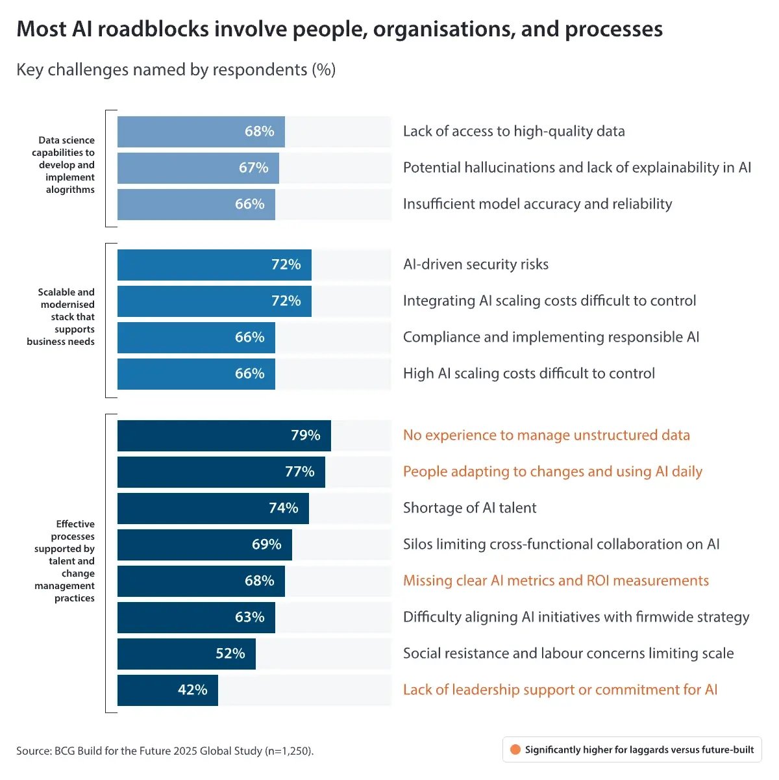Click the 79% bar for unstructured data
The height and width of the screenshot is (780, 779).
(224, 436)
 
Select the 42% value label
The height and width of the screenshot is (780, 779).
(193, 690)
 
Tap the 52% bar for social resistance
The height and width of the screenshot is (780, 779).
(186, 653)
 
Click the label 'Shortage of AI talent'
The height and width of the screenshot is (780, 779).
(469, 508)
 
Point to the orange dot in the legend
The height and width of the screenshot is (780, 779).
(515, 749)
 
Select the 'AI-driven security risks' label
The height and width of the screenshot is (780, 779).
(475, 264)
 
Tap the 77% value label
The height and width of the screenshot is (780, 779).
(299, 472)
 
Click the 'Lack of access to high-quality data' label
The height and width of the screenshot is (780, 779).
(513, 131)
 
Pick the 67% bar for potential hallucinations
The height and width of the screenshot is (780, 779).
(198, 168)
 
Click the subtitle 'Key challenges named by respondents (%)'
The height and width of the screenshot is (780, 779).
(176, 69)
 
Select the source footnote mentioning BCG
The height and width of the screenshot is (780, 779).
(165, 751)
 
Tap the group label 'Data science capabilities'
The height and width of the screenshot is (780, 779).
(65, 165)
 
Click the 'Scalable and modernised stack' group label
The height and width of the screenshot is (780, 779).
(62, 317)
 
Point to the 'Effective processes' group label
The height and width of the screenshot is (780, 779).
(66, 561)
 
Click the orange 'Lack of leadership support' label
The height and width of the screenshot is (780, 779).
(560, 690)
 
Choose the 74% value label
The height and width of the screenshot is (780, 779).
(284, 508)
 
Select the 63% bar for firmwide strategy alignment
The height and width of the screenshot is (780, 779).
(196, 618)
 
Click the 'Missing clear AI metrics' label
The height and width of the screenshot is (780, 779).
(556, 581)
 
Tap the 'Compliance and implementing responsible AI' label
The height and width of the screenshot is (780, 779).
(550, 337)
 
